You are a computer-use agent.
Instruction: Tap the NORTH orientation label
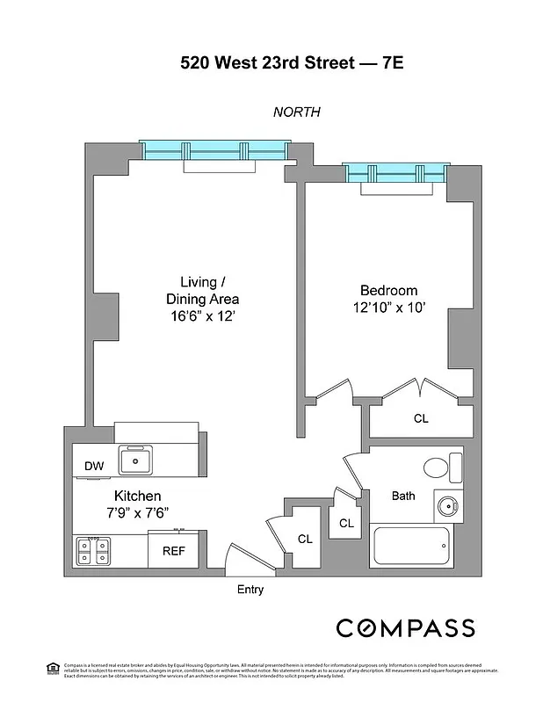coord(296,112)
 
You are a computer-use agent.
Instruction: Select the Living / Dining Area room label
coord(202,291)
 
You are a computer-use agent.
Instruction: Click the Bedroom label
coord(388,291)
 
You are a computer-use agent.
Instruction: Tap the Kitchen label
coord(137,496)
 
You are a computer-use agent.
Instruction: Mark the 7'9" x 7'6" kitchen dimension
coord(137,513)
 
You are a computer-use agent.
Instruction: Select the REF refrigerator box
coord(173,552)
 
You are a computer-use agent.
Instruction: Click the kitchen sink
coord(136,459)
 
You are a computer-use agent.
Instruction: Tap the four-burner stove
coord(92,550)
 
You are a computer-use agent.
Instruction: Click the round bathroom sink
coord(447,506)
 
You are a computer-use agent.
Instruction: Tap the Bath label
coord(403,496)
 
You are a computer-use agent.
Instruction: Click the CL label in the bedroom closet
coord(421,419)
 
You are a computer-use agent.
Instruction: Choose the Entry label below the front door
coord(250,590)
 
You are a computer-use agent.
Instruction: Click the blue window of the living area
coord(214,150)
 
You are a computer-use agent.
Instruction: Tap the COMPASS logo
coord(406,627)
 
